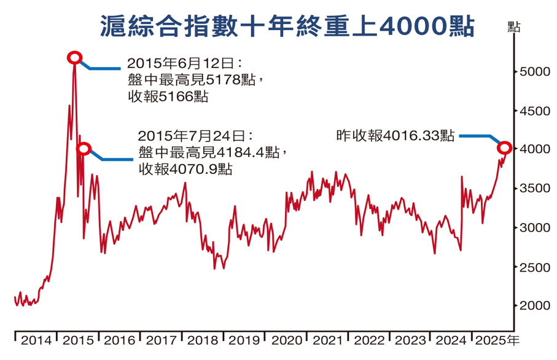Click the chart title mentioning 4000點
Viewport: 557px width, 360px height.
point(287,26)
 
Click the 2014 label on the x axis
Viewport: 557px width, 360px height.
point(36,340)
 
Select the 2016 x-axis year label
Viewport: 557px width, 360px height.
point(120,340)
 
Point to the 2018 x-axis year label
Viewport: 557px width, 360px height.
point(203,340)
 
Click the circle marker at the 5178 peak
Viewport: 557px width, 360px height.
point(74,58)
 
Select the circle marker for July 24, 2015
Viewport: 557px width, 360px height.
point(85,149)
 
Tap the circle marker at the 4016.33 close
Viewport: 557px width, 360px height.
point(504,147)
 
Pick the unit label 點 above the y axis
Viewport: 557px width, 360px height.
point(514,26)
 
